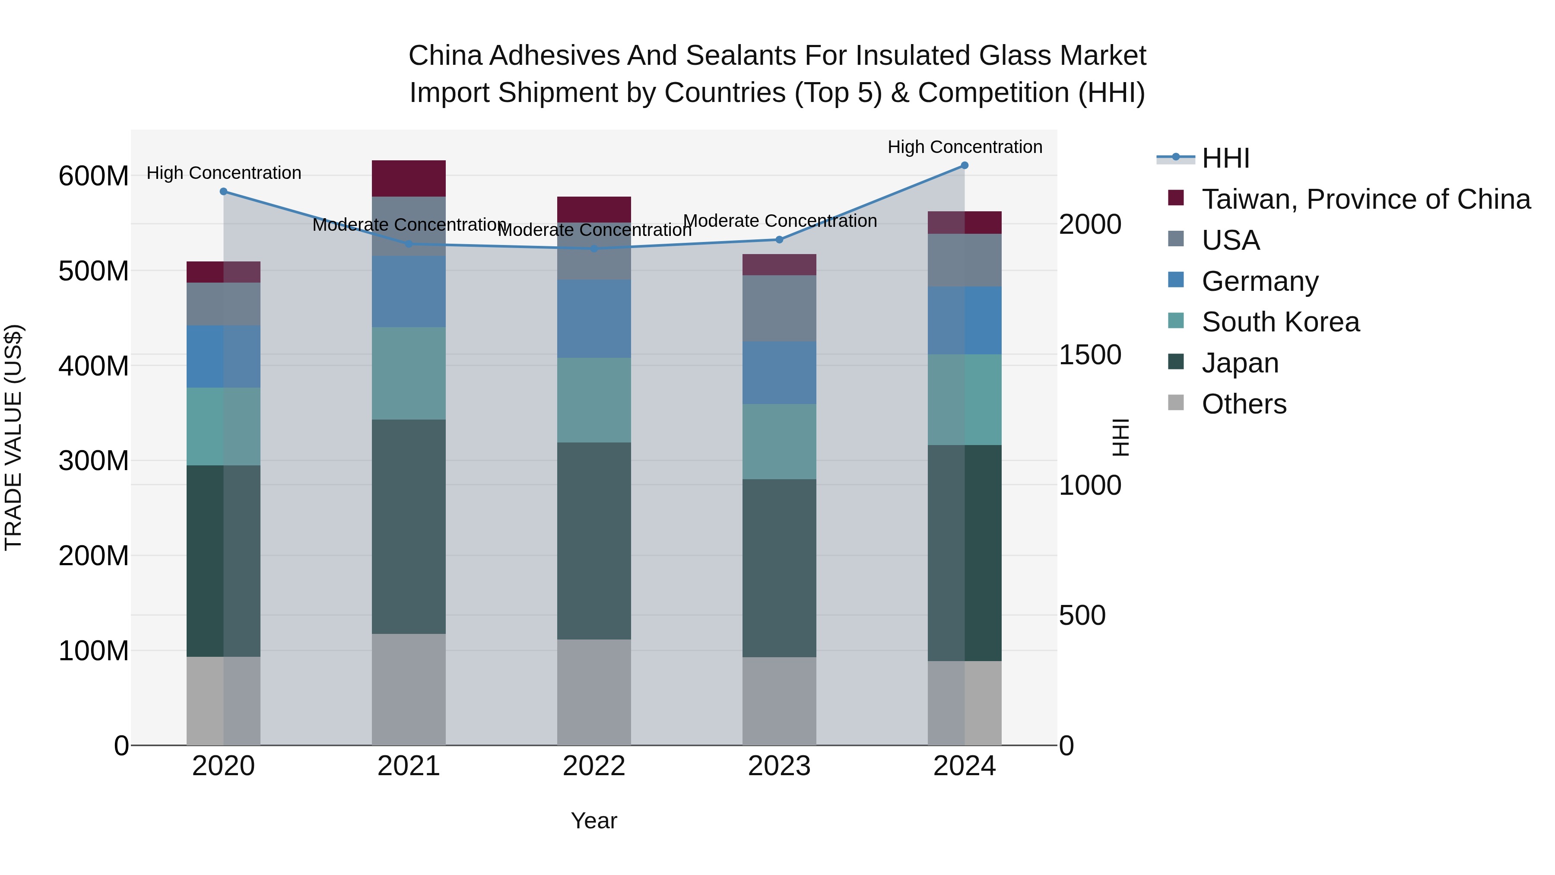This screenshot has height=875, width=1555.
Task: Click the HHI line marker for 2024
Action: [x=964, y=165]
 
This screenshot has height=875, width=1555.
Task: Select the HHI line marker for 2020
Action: [x=223, y=191]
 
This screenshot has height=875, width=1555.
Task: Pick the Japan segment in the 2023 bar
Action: [x=779, y=568]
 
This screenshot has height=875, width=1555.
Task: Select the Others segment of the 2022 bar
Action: [x=594, y=692]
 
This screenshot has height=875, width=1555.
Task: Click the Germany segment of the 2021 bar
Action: [x=409, y=291]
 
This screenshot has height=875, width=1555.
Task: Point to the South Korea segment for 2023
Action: [x=779, y=442]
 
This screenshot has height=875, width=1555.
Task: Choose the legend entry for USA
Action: [x=1230, y=240]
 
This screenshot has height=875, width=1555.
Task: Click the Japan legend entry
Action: [x=1240, y=363]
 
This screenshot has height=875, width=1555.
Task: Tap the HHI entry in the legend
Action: [x=1225, y=158]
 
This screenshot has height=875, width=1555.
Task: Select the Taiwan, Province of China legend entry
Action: [x=1365, y=199]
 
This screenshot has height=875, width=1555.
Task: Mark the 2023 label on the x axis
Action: [x=779, y=766]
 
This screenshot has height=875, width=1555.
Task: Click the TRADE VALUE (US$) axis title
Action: [x=13, y=437]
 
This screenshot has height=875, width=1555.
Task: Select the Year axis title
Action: [x=594, y=821]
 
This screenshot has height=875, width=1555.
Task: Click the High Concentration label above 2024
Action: [x=964, y=147]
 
